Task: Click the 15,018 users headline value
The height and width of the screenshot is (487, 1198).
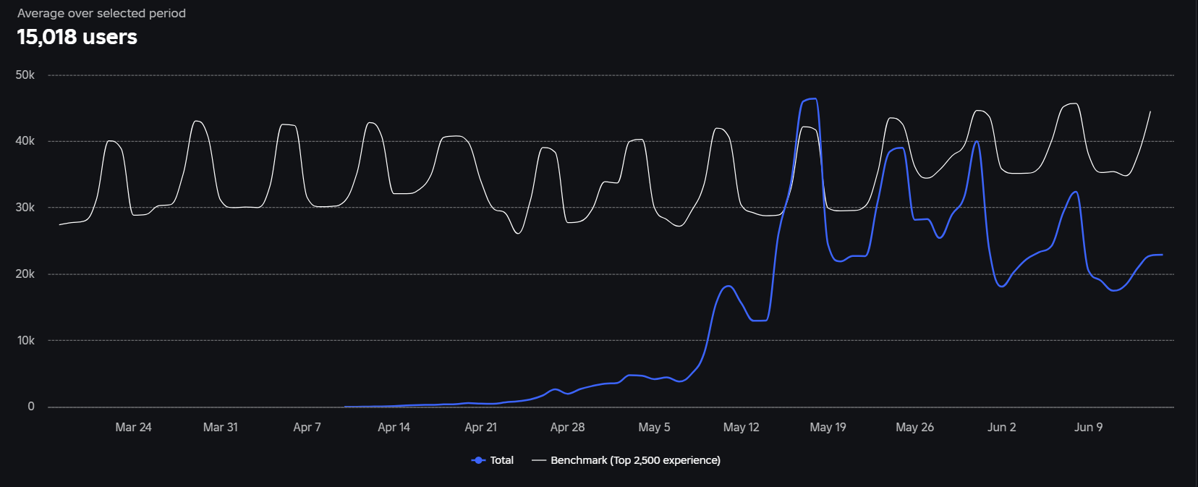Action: click(77, 37)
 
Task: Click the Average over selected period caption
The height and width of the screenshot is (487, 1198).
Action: click(101, 13)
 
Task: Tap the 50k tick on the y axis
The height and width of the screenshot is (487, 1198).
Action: click(25, 75)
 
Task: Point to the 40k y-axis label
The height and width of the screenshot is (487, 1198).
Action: click(25, 141)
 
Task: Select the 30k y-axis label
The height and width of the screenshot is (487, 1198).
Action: click(25, 208)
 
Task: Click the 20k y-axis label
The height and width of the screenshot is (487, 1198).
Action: click(25, 274)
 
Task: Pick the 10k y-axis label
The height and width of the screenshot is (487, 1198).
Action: click(25, 340)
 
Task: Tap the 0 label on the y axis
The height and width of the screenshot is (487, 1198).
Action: click(30, 407)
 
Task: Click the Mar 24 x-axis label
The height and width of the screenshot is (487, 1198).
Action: click(133, 427)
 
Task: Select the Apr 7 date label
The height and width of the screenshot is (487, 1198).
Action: click(307, 427)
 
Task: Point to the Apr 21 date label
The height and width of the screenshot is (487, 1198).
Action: click(480, 427)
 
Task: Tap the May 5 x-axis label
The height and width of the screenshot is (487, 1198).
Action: click(654, 427)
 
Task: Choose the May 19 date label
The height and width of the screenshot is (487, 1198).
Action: click(828, 427)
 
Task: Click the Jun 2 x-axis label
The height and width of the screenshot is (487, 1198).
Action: click(1001, 427)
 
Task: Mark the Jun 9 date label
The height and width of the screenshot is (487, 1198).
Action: click(1088, 427)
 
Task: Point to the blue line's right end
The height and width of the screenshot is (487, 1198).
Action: click(1162, 255)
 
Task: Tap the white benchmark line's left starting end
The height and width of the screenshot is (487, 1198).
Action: click(60, 224)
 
